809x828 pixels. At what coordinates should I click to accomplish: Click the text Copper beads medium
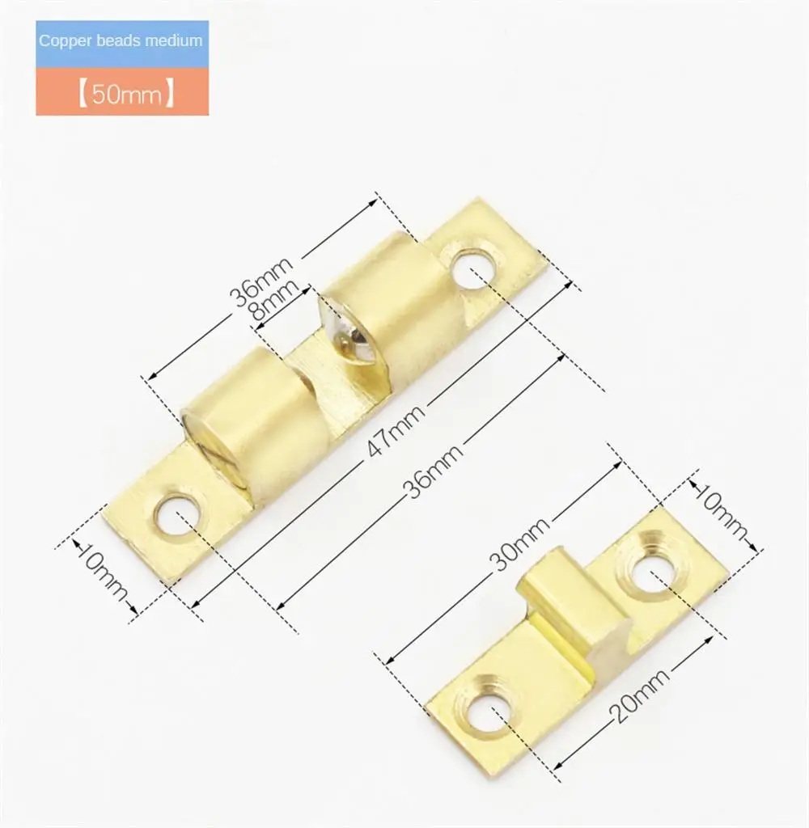[121, 40]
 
